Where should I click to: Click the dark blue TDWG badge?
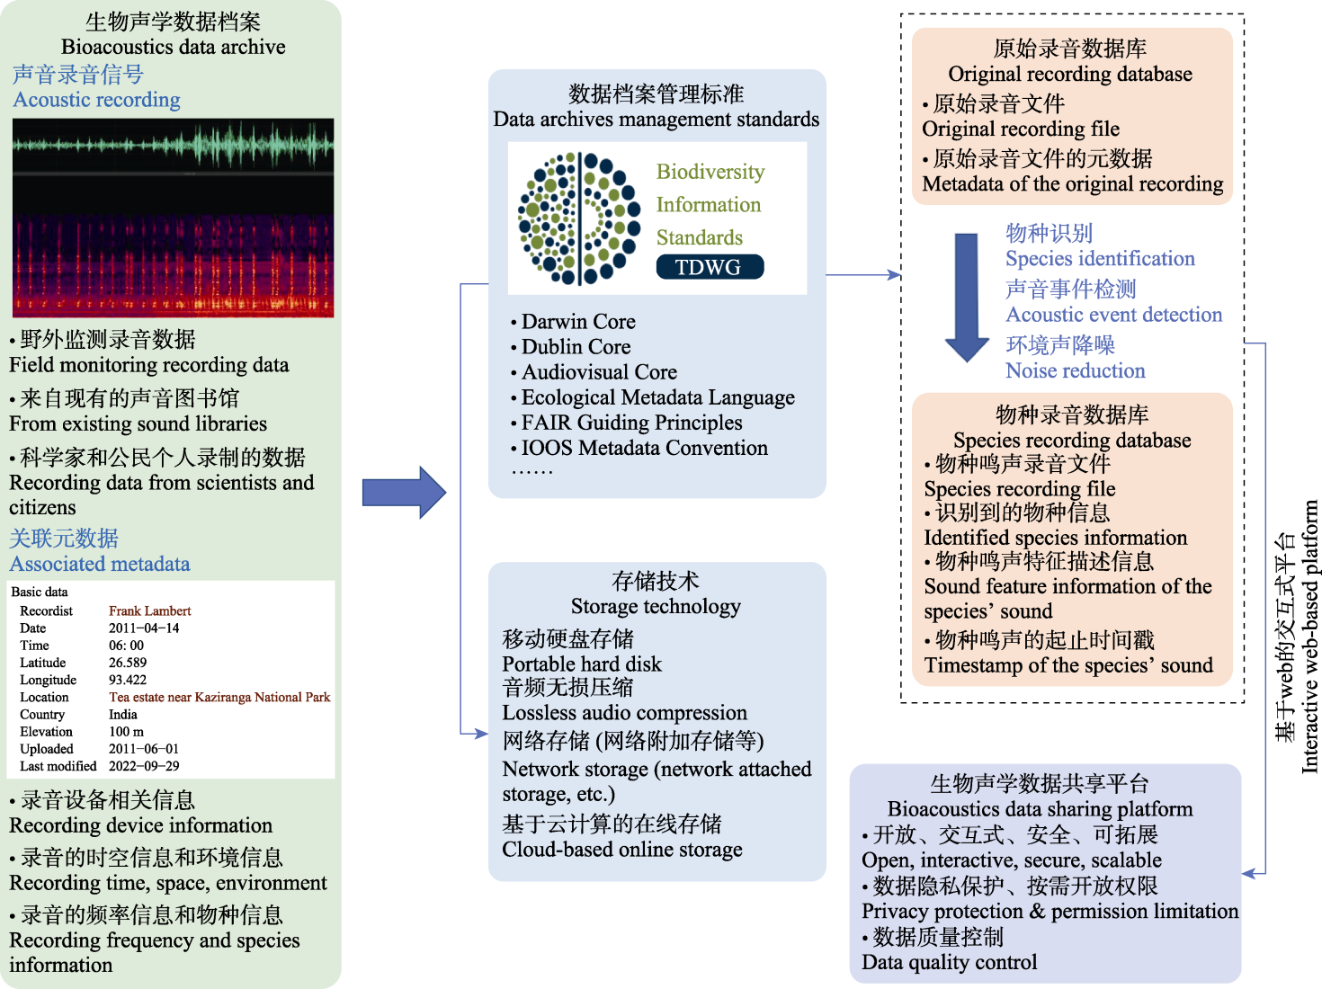pos(710,267)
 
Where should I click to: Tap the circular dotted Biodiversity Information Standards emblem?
pos(579,218)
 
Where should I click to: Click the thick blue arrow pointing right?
pos(404,493)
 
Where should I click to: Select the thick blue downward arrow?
pos(967,298)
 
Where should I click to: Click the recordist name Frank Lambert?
pos(150,611)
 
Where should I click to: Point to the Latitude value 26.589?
pos(128,663)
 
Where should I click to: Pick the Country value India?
pos(123,715)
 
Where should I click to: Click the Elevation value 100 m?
pos(127,732)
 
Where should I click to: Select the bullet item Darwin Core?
pos(573,322)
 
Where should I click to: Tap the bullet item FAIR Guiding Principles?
pos(626,423)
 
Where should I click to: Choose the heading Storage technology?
pos(656,606)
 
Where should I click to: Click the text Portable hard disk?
pos(582,664)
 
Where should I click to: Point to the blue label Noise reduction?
pos(1075,370)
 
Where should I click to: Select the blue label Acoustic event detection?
pos(1113,314)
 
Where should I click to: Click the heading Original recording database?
pos(1070,74)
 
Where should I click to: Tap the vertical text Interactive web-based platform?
pos(1309,637)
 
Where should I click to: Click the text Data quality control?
pos(949,962)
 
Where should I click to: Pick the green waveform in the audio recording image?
pos(173,145)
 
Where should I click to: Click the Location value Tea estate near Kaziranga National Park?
pos(219,697)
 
